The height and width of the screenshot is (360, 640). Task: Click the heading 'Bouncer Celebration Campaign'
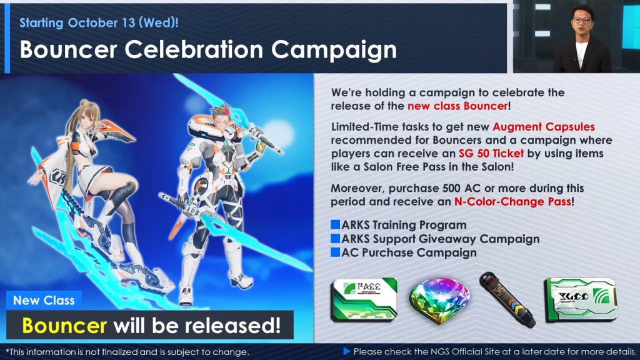208,50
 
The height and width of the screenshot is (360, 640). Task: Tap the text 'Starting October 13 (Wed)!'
99,22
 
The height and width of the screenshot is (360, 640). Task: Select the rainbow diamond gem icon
439,300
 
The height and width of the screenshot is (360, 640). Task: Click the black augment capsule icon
507,299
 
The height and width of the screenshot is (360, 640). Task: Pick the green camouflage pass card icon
364,299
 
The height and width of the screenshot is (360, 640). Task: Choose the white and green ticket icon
581,299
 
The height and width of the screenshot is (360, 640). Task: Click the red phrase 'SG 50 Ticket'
491,154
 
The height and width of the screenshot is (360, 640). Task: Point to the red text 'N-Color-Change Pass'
512,202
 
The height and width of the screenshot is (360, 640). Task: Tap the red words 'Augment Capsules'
544,127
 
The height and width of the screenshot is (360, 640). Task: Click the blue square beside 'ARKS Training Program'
335,224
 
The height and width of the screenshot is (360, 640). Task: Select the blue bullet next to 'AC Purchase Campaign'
335,252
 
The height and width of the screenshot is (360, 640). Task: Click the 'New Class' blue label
44,301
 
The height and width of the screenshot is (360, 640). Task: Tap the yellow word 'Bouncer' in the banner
64,325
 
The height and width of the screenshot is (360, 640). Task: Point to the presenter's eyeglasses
581,19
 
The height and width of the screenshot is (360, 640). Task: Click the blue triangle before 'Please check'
347,351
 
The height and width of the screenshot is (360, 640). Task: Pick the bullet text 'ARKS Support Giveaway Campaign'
441,239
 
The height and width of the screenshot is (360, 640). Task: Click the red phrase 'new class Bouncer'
457,106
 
